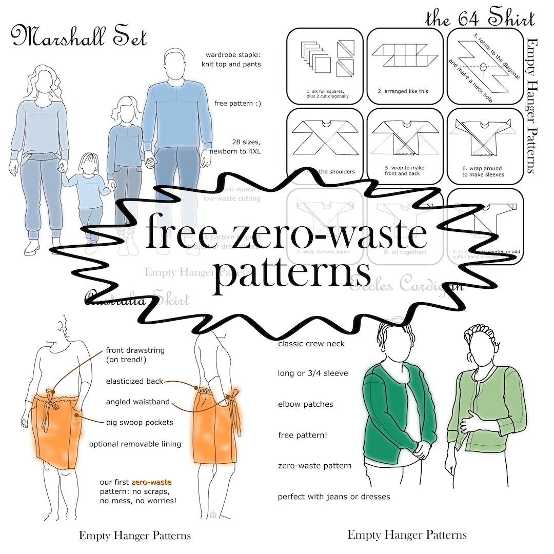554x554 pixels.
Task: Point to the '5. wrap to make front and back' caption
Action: coord(404,171)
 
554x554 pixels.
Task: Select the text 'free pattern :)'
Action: coord(238,103)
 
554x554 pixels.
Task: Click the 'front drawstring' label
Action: coord(135,354)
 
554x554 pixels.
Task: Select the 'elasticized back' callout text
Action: coord(134,381)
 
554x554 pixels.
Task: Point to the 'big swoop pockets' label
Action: coord(140,422)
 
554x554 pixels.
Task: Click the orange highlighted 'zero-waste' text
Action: coord(151,482)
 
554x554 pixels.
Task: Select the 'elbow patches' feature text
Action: coord(305,404)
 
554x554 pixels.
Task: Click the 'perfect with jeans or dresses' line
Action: coord(334,497)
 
